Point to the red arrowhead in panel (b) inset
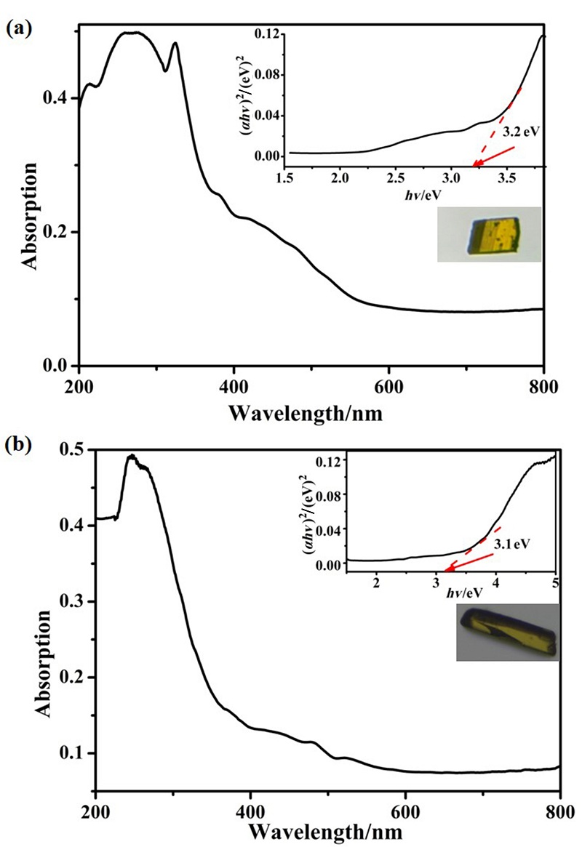tap(448, 571)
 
